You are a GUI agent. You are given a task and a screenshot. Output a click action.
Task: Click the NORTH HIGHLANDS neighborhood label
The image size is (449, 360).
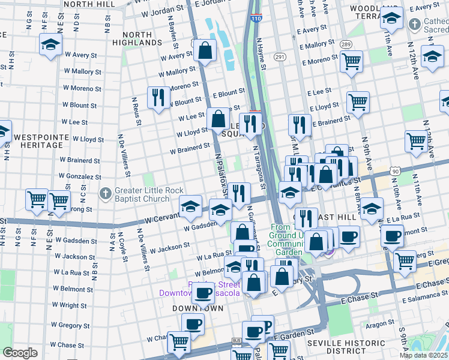click(145, 38)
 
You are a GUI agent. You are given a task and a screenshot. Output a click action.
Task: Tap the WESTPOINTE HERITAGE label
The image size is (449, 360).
click(38, 141)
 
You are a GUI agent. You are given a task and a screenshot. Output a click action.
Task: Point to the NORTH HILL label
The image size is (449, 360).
click(88, 4)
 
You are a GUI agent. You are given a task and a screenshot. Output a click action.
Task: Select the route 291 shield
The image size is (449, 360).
click(280, 56)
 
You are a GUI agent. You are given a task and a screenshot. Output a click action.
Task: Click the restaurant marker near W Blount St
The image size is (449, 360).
click(158, 97)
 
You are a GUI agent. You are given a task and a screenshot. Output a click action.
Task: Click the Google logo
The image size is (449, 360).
click(20, 352)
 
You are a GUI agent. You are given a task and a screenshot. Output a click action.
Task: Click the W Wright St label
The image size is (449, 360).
click(73, 305)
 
